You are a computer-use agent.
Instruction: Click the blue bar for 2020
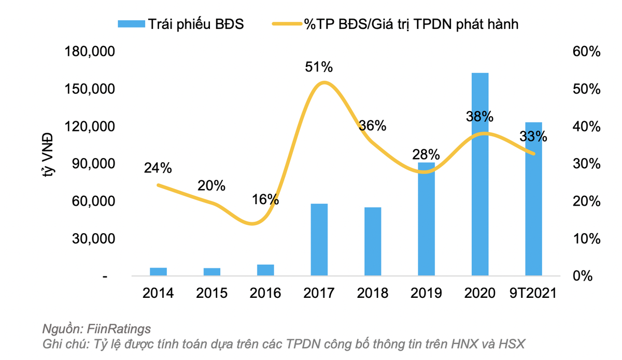480,174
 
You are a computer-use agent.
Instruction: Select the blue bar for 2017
319,239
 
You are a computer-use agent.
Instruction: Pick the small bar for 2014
158,271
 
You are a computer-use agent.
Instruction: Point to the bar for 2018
373,241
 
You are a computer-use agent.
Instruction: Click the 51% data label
318,67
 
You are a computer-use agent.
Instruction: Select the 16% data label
265,199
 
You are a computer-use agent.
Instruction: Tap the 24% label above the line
158,168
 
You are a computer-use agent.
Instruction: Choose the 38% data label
479,117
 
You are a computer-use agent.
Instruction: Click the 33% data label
533,137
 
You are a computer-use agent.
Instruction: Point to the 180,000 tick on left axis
89,52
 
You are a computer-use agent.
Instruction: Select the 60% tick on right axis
586,52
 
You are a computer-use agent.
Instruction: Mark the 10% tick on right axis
586,239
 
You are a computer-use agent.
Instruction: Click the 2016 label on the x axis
265,293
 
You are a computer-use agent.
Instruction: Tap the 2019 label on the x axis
426,293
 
